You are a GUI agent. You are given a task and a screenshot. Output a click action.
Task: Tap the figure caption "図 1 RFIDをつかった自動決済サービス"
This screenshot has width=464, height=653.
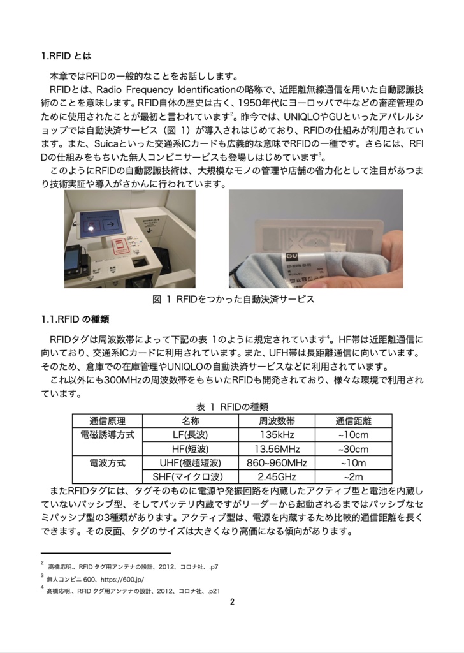pyautogui.click(x=233, y=298)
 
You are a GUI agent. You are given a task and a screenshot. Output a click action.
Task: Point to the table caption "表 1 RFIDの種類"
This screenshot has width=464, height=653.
pyautogui.click(x=231, y=406)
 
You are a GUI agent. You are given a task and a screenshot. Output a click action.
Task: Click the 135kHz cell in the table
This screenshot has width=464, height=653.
pyautogui.click(x=277, y=435)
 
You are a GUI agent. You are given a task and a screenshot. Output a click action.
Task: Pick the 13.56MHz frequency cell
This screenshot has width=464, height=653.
pyautogui.click(x=277, y=449)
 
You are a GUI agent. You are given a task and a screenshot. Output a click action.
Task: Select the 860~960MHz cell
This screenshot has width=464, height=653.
pyautogui.click(x=277, y=463)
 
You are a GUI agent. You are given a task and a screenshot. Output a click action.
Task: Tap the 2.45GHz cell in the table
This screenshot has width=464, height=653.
pyautogui.click(x=277, y=477)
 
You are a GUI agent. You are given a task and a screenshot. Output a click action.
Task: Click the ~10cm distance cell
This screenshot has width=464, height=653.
pyautogui.click(x=353, y=435)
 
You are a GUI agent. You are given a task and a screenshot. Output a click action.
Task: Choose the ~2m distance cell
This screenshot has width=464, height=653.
pyautogui.click(x=353, y=477)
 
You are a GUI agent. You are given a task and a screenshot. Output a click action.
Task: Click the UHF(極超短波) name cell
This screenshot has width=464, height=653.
pyautogui.click(x=190, y=463)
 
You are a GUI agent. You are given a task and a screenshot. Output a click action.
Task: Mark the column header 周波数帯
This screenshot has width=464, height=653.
pyautogui.click(x=277, y=421)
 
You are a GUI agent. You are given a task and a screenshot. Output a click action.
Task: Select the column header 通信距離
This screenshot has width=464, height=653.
pyautogui.click(x=353, y=421)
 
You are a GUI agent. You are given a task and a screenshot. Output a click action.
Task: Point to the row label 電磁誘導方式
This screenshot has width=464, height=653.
pyautogui.click(x=107, y=435)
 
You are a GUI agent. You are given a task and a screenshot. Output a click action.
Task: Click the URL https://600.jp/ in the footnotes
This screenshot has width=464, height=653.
pyautogui.click(x=119, y=579)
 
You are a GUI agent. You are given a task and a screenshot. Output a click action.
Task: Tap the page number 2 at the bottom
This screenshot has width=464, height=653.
pyautogui.click(x=232, y=601)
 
